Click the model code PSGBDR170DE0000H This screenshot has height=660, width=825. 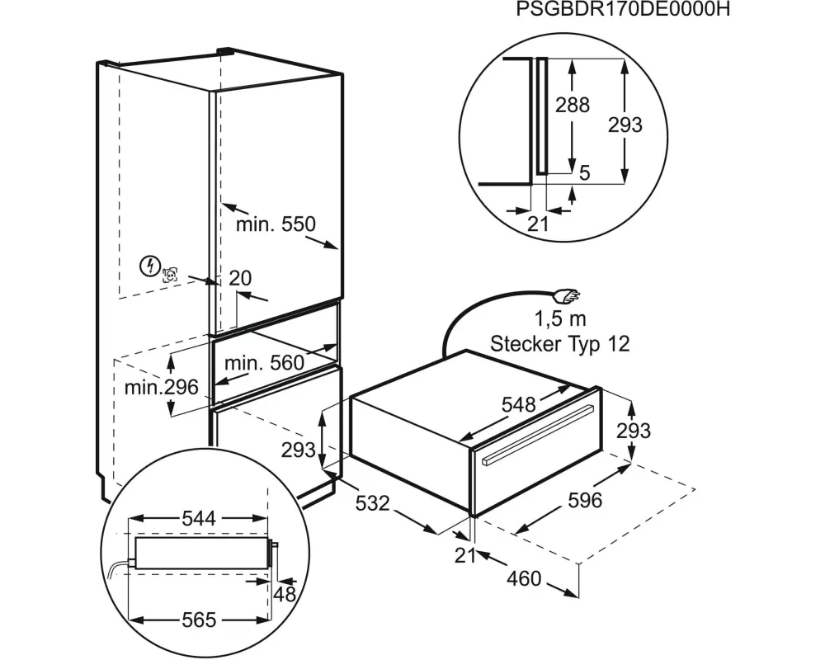pos(623,9)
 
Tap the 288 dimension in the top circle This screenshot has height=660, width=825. pos(573,106)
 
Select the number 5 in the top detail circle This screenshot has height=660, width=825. pos(584,172)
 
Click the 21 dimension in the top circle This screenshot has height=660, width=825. pos(538,224)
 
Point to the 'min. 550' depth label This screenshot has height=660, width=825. pos(276,224)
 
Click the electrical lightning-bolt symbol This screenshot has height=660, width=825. pos(150,266)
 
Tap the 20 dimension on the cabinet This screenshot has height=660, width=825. pos(240,278)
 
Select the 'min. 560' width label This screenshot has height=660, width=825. pos(264,363)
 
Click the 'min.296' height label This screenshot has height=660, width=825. pos(162,388)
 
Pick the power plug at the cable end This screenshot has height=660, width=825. pos(568,297)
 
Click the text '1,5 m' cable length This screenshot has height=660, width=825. pos(560,318)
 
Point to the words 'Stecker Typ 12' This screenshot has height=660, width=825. pos(560,344)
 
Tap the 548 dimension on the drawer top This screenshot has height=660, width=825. pos(518,404)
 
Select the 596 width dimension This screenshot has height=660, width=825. pos(585,500)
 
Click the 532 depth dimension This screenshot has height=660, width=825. pos(373,504)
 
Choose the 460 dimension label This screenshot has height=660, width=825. pos(524,578)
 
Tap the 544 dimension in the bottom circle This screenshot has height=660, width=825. pos(199,518)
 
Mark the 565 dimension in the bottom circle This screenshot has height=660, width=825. pos(199,620)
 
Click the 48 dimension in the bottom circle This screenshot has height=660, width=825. pos(285,594)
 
